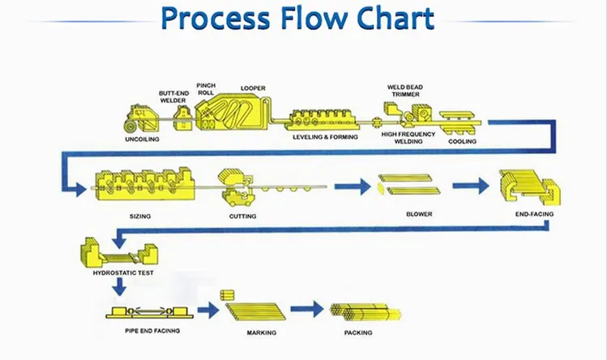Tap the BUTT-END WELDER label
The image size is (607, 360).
point(173,96)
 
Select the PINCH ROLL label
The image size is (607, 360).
point(205,88)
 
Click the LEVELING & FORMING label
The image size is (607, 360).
point(324,138)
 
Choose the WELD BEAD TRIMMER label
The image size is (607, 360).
point(404,89)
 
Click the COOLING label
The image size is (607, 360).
point(463,141)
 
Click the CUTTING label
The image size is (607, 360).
point(242,216)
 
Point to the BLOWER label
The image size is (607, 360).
point(419,215)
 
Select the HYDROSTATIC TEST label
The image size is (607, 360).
point(118,273)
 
